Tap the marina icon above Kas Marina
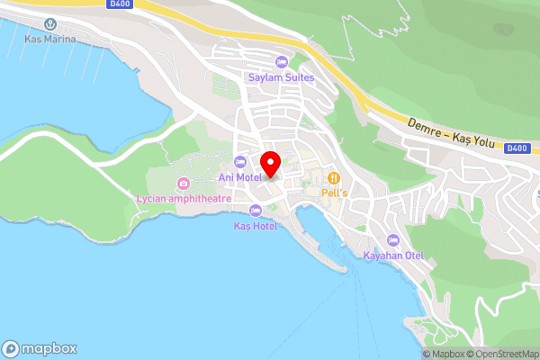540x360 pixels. click(50, 26)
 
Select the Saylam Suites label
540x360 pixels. click(282, 77)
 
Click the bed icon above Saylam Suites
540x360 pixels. click(282, 63)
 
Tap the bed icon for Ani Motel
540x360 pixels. click(238, 162)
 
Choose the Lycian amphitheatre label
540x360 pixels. click(183, 198)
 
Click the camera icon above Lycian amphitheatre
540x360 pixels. click(183, 184)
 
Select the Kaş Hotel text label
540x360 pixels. click(256, 225)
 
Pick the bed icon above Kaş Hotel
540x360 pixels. click(256, 211)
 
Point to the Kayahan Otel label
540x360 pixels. click(393, 256)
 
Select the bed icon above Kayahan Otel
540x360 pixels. click(393, 240)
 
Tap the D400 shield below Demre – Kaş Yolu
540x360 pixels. click(516, 148)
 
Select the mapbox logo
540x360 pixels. click(40, 349)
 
